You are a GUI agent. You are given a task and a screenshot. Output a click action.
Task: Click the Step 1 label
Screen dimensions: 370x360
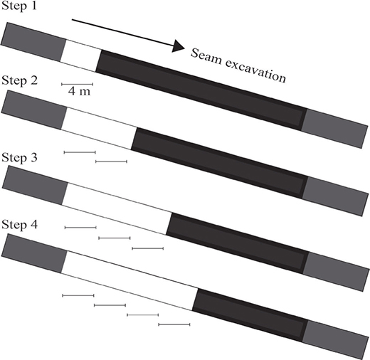[x=19, y=6]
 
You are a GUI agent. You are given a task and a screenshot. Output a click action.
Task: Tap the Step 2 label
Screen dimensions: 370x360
[x=19, y=80]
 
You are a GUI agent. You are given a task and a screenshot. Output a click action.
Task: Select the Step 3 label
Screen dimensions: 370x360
[x=19, y=157]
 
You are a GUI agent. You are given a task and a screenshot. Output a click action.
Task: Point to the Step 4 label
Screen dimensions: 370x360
[x=19, y=224]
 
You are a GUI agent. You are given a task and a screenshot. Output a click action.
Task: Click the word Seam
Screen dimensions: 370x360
[x=206, y=57]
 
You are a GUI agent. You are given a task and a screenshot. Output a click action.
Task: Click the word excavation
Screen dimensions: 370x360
[x=255, y=70]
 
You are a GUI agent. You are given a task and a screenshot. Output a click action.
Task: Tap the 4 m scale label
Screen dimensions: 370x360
[x=79, y=91]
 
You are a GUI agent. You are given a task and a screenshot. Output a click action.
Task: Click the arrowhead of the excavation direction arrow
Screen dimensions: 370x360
[x=178, y=46]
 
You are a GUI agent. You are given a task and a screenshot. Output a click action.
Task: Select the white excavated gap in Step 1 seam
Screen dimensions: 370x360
[x=81, y=55]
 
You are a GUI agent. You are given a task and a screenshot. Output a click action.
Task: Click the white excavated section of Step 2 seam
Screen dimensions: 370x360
[x=99, y=128]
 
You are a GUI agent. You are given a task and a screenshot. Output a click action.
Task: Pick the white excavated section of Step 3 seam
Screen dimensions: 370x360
[x=117, y=208]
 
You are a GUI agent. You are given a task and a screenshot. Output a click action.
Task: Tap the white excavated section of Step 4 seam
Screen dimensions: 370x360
[x=130, y=280]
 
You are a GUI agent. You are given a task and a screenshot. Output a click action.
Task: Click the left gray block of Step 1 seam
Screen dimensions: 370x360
[x=33, y=42]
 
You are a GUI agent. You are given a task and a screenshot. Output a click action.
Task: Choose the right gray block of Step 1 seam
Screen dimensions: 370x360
[x=334, y=129]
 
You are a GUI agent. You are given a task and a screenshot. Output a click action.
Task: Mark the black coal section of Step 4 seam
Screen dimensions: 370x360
[x=250, y=315]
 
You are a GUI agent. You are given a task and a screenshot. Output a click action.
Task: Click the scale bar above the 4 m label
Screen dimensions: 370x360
[x=78, y=84]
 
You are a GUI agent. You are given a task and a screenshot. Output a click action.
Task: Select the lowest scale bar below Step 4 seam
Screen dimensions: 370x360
[x=174, y=324]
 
